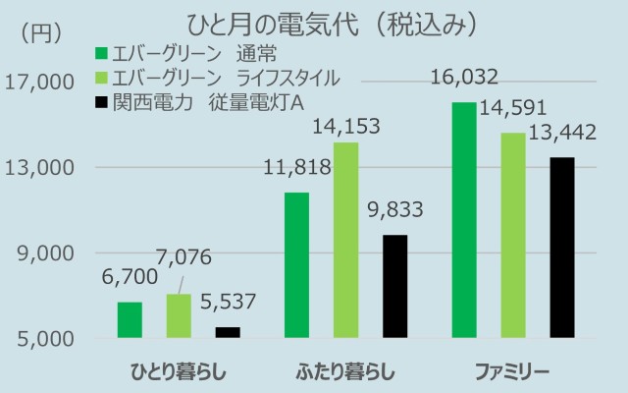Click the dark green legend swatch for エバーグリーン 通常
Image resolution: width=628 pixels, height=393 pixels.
(x=100, y=52)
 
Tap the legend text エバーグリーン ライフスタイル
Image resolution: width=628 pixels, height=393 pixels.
(x=226, y=77)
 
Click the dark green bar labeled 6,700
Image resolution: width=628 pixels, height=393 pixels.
(x=130, y=320)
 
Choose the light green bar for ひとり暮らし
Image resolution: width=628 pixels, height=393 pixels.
(x=179, y=316)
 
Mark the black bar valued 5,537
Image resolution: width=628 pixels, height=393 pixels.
(x=228, y=333)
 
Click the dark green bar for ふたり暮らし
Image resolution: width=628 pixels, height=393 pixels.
(x=296, y=265)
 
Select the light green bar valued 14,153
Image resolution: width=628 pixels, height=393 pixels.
(x=345, y=241)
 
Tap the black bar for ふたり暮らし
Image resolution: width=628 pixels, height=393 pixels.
(x=394, y=287)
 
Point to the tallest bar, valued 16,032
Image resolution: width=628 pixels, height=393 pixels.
(x=464, y=220)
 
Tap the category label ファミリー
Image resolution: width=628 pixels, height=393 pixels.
(x=512, y=372)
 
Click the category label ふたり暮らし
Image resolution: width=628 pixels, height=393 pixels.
(x=345, y=372)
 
